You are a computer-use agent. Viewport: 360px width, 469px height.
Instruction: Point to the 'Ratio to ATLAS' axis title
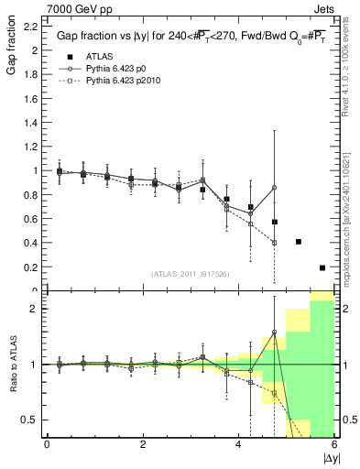point(12,365)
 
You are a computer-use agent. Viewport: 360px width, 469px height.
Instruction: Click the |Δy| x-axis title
point(330,456)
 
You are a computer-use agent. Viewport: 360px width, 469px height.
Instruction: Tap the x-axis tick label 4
point(238,443)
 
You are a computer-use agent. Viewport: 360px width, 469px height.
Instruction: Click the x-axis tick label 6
point(333,443)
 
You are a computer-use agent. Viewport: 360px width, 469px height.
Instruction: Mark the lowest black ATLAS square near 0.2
point(322,267)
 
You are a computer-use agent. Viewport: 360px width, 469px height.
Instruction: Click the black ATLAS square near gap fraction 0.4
point(299,242)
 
